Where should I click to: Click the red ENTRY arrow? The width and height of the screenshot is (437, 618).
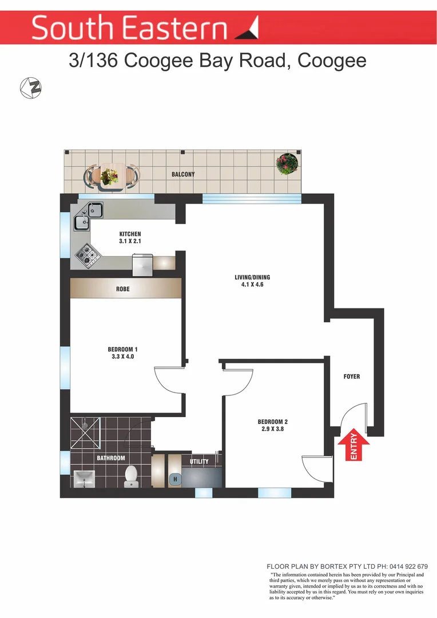(353, 446)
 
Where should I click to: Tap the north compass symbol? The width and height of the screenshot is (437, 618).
(30, 88)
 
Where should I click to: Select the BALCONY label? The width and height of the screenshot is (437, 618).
(183, 175)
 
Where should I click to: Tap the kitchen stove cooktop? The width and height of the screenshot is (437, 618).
(86, 255)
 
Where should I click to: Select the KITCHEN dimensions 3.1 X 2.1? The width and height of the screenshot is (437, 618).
(130, 241)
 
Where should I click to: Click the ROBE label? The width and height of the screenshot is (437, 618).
(123, 289)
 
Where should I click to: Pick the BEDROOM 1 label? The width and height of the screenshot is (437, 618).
(122, 349)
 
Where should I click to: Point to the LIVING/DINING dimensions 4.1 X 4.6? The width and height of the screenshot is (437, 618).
(252, 285)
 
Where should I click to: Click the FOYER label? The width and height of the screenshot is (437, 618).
(352, 377)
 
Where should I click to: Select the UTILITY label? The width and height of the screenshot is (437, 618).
(199, 461)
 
